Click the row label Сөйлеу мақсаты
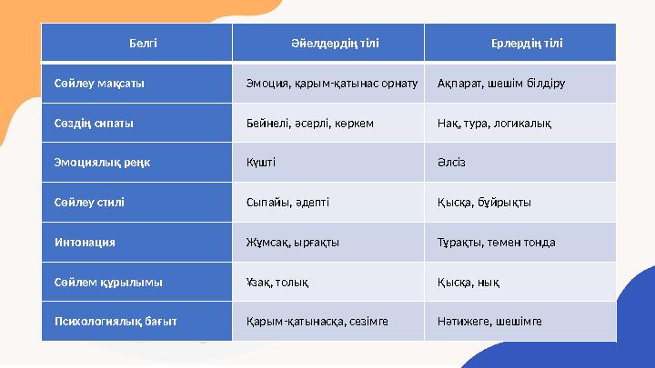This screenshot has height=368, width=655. [x=99, y=84]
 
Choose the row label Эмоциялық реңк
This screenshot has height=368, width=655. [x=102, y=163]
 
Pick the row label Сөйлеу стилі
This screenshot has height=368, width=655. [x=89, y=203]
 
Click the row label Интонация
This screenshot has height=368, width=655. [x=85, y=243]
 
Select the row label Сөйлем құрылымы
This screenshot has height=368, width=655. [x=108, y=282]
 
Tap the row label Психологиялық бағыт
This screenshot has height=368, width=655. [x=115, y=321]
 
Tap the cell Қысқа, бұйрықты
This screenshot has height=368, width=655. [x=484, y=203]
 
